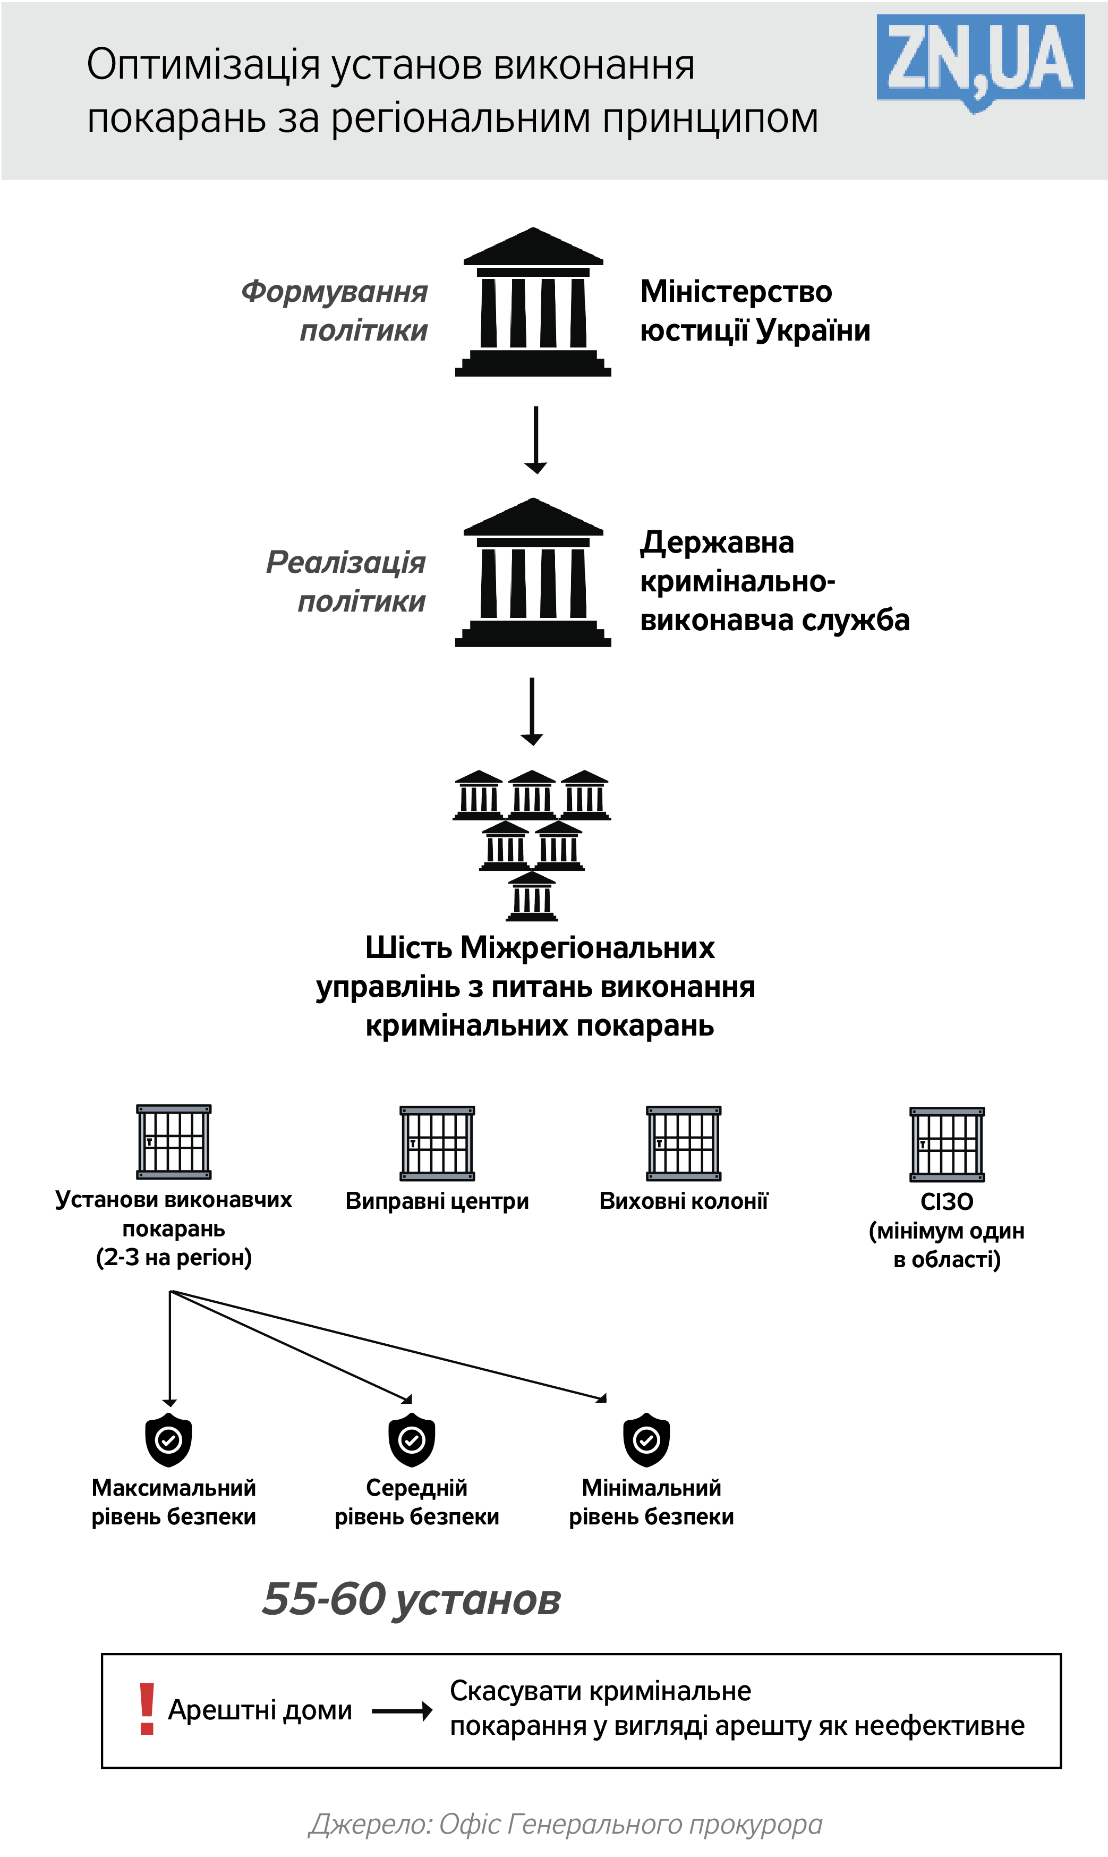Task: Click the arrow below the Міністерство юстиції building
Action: coord(535,440)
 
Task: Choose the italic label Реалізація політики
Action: coord(346,581)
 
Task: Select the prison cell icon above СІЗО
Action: coord(947,1144)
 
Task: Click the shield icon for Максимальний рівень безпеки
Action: coord(169,1439)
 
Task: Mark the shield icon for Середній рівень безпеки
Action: coord(412,1439)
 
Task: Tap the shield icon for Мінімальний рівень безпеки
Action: coord(646,1439)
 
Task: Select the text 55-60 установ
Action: coord(412,1599)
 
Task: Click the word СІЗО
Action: coord(947,1201)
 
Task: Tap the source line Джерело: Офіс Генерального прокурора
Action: coord(565,1824)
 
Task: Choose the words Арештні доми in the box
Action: coord(260,1710)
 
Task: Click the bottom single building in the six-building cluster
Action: coord(532,896)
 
